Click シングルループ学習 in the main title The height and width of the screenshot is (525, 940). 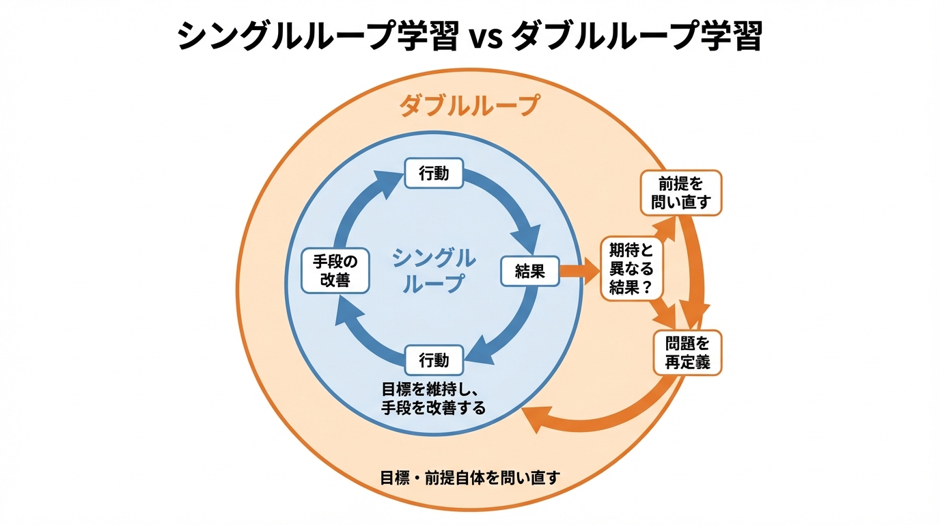coord(318,36)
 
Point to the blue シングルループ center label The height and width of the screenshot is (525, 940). coord(434,271)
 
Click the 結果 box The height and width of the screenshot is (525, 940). coord(530,271)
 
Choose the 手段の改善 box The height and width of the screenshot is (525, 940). coord(335,271)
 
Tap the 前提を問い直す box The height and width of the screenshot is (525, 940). coord(680,193)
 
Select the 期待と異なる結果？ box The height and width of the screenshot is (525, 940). coord(631,269)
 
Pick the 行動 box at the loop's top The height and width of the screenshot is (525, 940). coord(434,174)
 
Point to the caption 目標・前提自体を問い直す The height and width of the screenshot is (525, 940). coord(470,477)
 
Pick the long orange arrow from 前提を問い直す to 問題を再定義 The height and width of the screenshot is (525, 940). coord(698,267)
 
